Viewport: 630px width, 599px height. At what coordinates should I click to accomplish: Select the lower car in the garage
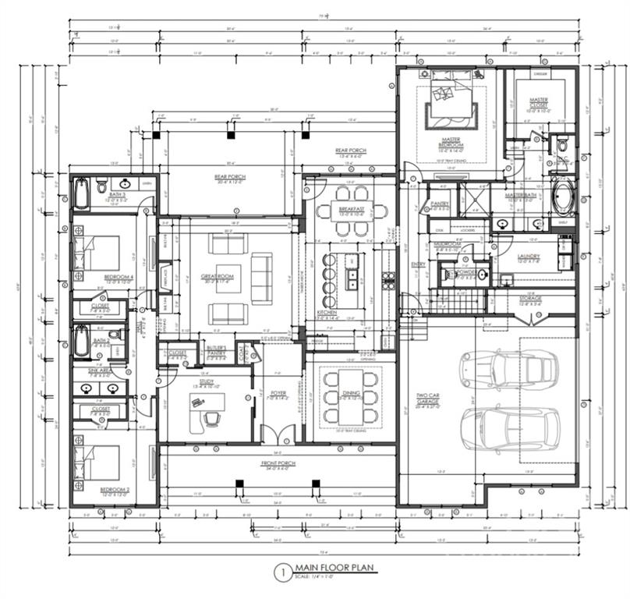[x=509, y=426]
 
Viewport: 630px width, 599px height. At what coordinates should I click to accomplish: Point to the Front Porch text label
[x=278, y=466]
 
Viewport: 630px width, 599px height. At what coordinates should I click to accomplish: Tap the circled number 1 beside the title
[x=280, y=572]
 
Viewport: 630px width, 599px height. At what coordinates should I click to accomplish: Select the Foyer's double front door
[x=278, y=434]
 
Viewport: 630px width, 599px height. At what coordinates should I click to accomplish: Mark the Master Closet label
[x=538, y=103]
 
